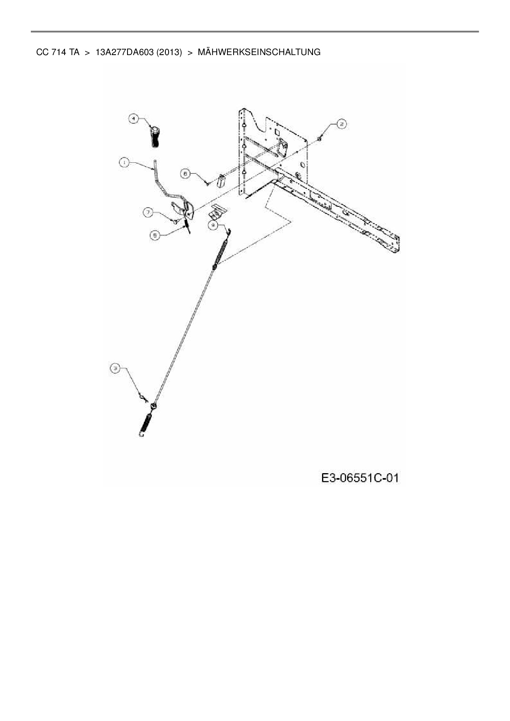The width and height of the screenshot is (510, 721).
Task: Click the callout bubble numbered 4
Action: click(133, 119)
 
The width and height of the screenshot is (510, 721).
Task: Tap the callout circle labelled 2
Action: click(342, 124)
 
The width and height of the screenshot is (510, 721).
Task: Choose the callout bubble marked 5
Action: click(155, 236)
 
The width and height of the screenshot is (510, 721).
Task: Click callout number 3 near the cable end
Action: click(116, 369)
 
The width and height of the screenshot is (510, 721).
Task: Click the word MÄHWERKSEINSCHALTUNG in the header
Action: click(259, 52)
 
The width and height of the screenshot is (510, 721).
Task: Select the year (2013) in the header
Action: click(169, 52)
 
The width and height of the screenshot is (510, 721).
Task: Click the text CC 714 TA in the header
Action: click(58, 52)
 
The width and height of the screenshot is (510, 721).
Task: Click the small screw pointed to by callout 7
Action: click(175, 222)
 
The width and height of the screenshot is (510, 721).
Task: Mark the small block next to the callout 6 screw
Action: click(221, 181)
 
